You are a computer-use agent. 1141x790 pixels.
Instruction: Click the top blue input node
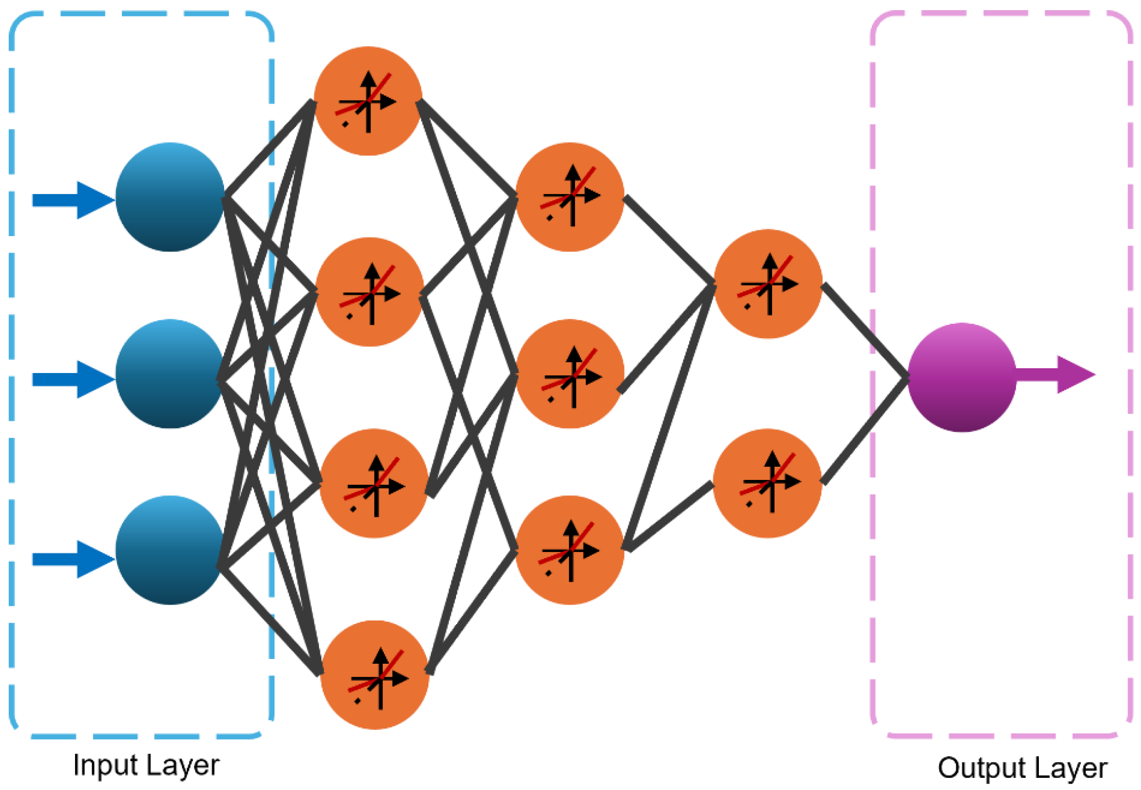(170, 197)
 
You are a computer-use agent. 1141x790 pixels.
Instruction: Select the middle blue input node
(170, 374)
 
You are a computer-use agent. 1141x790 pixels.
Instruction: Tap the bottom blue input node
(170, 550)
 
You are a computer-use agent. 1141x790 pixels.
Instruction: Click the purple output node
(962, 377)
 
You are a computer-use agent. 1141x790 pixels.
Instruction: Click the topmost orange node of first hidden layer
(368, 101)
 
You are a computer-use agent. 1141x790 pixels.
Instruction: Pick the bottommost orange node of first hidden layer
(375, 675)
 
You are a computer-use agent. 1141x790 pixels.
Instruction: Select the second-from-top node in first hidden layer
(370, 292)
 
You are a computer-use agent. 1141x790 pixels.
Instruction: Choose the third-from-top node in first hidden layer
(374, 483)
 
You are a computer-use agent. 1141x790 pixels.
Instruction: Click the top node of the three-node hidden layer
(569, 197)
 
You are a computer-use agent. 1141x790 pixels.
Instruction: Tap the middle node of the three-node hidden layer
(569, 374)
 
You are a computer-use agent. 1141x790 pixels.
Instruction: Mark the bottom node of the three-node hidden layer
(569, 550)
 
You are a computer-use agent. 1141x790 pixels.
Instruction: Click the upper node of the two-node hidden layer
(768, 283)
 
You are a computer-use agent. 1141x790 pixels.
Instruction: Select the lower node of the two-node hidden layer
(768, 483)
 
